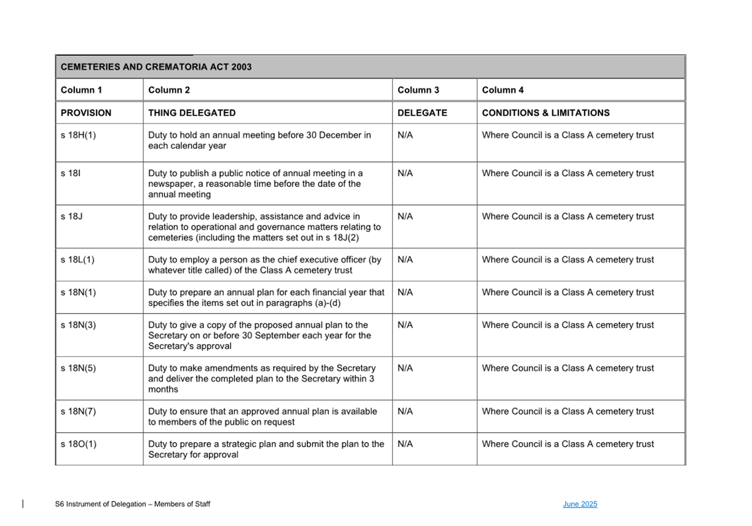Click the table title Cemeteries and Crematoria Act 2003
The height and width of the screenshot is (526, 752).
coord(156,67)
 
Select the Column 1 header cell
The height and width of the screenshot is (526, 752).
coord(82,90)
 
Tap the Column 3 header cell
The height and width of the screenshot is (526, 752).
coord(418,90)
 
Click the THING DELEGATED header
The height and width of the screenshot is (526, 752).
coord(191,113)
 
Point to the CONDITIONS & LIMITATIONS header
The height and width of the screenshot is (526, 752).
coord(545,113)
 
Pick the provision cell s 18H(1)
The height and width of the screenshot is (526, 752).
coord(78,135)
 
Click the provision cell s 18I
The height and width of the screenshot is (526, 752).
coord(71,173)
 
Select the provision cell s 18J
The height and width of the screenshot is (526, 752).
coord(71,216)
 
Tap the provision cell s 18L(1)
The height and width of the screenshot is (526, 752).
coord(78,260)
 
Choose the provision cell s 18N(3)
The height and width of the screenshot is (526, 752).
coord(78,325)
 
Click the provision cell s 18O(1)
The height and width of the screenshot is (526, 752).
coord(79,444)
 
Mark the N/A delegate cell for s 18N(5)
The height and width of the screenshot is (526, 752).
coord(405,368)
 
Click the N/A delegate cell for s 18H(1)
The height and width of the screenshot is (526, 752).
coord(405,135)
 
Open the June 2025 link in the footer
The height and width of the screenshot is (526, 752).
coord(579,504)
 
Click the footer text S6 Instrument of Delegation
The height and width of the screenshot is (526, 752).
coord(132,504)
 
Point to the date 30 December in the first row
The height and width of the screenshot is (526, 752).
coord(334,135)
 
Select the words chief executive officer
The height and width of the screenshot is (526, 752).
coord(330,260)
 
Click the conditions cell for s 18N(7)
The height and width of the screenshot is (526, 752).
coord(568,411)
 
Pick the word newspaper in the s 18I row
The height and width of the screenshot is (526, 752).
coord(170,184)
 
